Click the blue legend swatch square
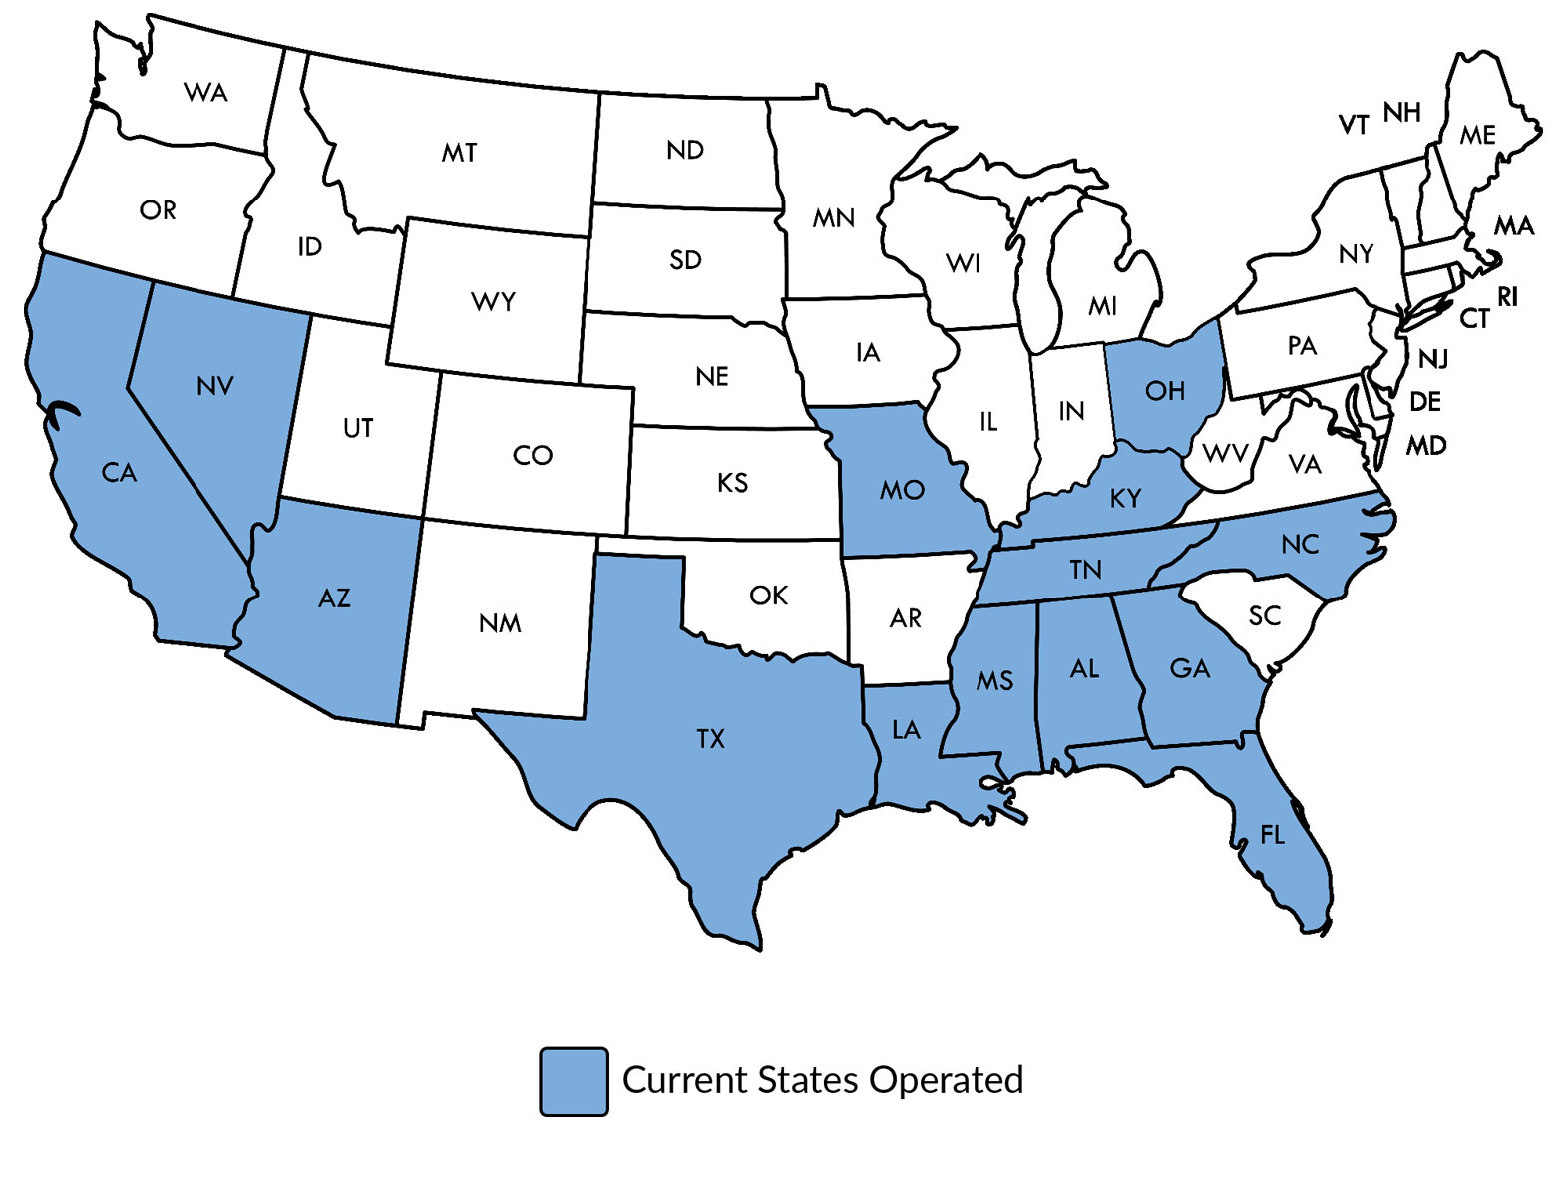point(574,1081)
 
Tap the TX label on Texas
point(710,739)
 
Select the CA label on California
point(119,473)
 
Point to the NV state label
point(215,386)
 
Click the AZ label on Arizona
point(334,598)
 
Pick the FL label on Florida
point(1272,834)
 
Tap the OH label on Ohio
point(1164,390)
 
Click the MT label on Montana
point(459,153)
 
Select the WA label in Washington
point(205,93)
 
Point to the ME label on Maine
point(1477,135)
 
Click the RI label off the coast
point(1507,297)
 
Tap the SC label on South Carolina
point(1264,616)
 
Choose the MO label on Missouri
point(902,490)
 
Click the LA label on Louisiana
point(906,730)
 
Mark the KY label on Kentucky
point(1125,498)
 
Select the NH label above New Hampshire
point(1401,113)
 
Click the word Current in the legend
point(685,1080)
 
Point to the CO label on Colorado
point(532,456)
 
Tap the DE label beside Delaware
point(1425,402)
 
